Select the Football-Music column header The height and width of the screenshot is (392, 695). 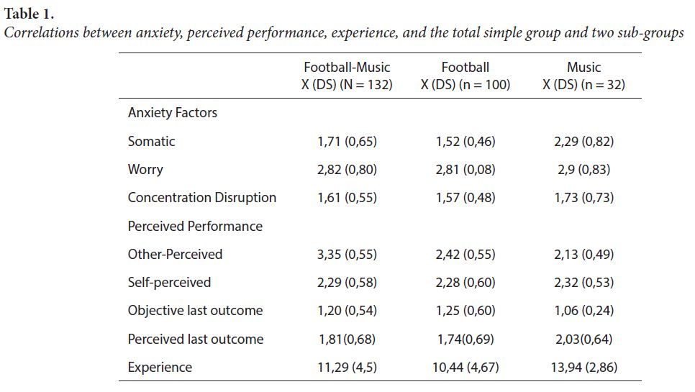click(347, 76)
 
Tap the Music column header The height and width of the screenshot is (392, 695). click(583, 76)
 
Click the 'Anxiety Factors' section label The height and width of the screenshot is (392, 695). click(172, 113)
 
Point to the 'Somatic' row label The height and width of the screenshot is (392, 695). click(151, 141)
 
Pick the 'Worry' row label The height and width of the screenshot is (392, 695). click(145, 170)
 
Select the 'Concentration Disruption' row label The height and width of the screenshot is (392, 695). click(201, 198)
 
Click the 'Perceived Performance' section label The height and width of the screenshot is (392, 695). click(195, 226)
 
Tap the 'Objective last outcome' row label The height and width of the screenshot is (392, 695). click(195, 311)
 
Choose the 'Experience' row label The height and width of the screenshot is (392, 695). click(160, 368)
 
